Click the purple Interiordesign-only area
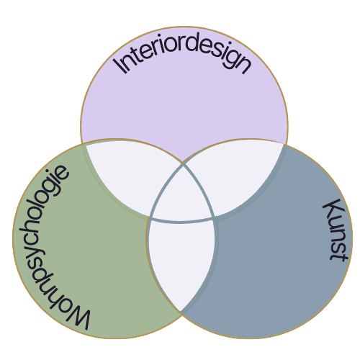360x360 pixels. [x=184, y=108]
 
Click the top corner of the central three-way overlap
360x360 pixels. [x=184, y=164]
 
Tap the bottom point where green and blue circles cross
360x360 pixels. [x=181, y=312]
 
